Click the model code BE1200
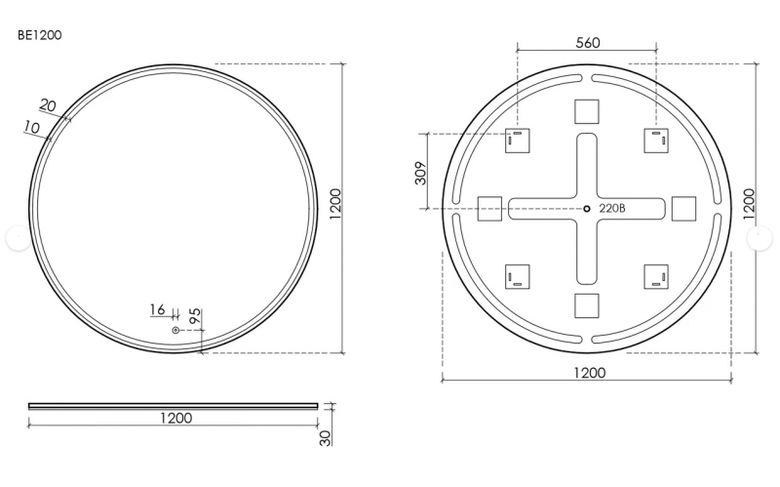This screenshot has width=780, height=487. (x=40, y=35)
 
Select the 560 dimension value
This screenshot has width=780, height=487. (x=587, y=42)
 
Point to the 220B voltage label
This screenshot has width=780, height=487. (x=611, y=208)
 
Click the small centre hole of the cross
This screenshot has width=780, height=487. (x=587, y=208)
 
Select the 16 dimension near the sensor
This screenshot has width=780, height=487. (x=157, y=309)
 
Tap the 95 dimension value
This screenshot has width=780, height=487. (x=194, y=316)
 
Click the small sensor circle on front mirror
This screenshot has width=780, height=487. (x=175, y=331)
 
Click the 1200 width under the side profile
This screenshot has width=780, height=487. (x=175, y=418)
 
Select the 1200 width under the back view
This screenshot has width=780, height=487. (x=587, y=372)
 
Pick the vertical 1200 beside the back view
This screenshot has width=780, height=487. (x=749, y=208)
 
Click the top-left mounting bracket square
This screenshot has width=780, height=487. (x=517, y=141)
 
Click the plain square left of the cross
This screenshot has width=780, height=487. (x=489, y=209)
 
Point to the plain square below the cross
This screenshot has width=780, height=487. (x=587, y=305)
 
